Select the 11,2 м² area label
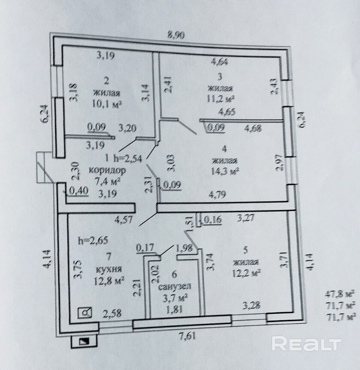click(x=220, y=99)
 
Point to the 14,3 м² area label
click(x=225, y=171)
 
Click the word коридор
click(x=107, y=170)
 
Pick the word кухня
click(x=109, y=270)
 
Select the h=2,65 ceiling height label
click(x=93, y=241)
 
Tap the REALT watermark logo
click(x=306, y=343)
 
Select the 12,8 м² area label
click(x=110, y=281)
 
